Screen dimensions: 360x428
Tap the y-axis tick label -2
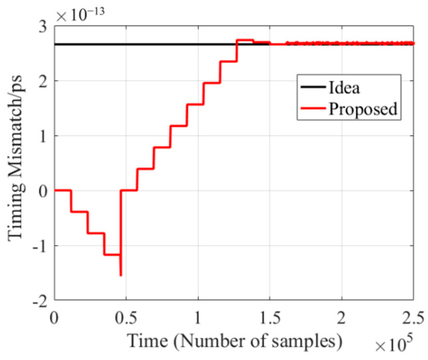(x=40, y=301)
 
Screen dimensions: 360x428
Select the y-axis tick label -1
(x=40, y=246)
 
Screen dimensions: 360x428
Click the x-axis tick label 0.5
(x=126, y=318)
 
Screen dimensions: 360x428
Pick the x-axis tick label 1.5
(x=270, y=318)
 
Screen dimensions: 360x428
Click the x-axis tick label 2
(x=341, y=318)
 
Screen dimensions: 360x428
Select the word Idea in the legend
(x=344, y=88)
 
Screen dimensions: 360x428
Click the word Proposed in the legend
(x=363, y=109)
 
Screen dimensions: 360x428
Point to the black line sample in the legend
(x=313, y=87)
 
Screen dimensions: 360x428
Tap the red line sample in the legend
(x=313, y=108)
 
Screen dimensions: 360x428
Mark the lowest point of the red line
(x=121, y=276)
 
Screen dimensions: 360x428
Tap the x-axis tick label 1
(x=198, y=318)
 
